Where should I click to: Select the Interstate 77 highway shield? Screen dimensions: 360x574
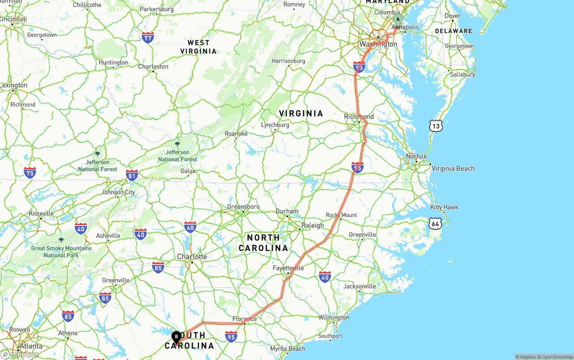[148, 37]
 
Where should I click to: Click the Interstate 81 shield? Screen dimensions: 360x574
[132, 175]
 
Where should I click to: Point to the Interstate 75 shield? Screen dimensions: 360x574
[30, 172]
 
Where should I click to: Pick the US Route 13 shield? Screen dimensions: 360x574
[435, 126]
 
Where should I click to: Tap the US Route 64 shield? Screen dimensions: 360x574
[435, 223]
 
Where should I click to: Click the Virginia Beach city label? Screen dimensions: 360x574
[452, 169]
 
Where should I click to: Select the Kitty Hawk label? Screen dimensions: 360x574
[444, 207]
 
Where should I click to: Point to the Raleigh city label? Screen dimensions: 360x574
[313, 225]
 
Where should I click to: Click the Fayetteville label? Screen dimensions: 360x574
[288, 268]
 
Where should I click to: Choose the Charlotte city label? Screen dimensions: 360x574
[192, 256]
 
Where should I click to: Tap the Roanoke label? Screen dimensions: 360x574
[236, 134]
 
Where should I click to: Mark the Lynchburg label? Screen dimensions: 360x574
[275, 125]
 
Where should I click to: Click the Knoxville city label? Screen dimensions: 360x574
[41, 213]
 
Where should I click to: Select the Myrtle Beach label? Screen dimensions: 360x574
[287, 349]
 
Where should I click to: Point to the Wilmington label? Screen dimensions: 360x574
[334, 317]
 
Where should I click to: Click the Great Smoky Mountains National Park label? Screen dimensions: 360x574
[61, 252]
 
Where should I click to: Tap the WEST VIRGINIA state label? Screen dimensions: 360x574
[198, 47]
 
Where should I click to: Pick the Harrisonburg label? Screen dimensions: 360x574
[288, 61]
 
